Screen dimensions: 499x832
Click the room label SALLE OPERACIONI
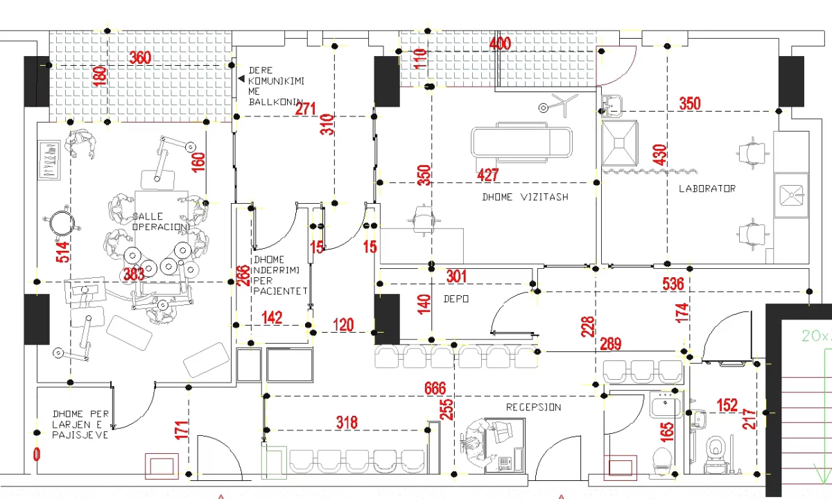[x=160, y=222]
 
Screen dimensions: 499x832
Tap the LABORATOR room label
[x=707, y=189]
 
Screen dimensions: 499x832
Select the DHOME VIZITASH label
[x=525, y=197]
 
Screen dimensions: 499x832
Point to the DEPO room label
[x=456, y=299]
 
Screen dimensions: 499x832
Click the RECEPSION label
[x=533, y=407]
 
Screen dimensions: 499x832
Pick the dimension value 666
[x=435, y=388]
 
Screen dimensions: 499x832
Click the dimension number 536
[x=673, y=283]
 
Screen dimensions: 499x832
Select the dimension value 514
[x=63, y=253]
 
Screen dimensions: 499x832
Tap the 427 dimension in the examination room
[x=488, y=175]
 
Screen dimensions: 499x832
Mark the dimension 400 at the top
[x=499, y=44]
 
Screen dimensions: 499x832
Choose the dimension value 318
[x=347, y=422]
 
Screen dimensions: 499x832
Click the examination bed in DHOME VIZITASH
[x=522, y=143]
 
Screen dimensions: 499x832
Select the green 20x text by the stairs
[x=815, y=336]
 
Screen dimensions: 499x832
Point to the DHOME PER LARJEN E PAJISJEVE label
[x=80, y=424]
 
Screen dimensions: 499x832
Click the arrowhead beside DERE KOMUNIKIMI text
[x=241, y=80]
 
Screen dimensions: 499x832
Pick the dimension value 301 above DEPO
[x=456, y=277]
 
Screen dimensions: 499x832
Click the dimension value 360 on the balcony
[x=140, y=58]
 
